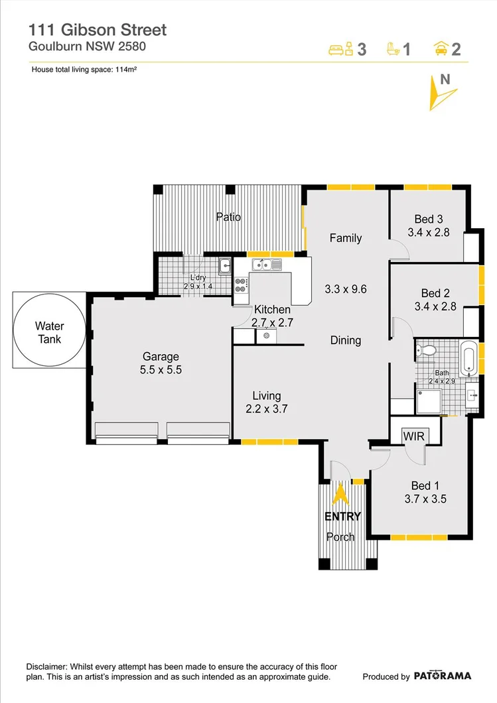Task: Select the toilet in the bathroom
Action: click(426, 349)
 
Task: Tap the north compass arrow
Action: click(439, 92)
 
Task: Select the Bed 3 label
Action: click(428, 219)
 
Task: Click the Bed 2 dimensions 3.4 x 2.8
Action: click(436, 306)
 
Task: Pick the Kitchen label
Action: click(272, 310)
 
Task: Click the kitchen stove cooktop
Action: click(240, 285)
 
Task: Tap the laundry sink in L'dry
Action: click(225, 265)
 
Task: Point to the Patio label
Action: click(228, 217)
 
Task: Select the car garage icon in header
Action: click(439, 48)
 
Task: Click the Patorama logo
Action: click(443, 676)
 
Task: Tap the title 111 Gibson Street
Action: click(97, 30)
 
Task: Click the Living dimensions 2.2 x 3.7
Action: click(267, 409)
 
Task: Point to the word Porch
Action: click(341, 537)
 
